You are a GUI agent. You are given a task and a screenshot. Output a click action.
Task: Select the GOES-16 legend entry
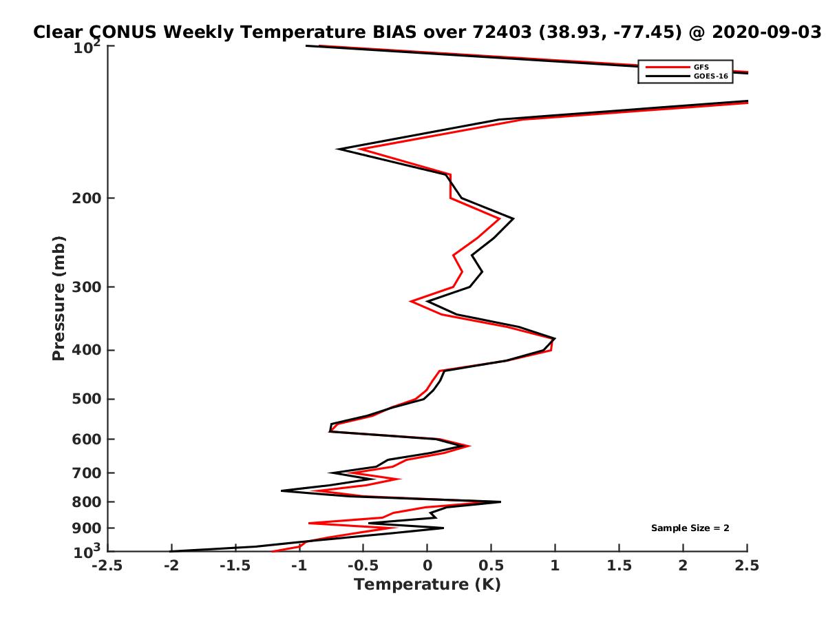[x=687, y=76]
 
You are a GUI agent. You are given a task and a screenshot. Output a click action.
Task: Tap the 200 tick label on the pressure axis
[x=87, y=198]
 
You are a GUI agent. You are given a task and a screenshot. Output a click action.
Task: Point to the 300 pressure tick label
[x=87, y=287]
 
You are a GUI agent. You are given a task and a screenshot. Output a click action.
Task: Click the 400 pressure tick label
[x=87, y=350]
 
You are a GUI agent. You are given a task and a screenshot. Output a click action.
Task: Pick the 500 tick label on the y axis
[x=87, y=399]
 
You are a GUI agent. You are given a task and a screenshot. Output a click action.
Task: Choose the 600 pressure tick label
[x=87, y=440]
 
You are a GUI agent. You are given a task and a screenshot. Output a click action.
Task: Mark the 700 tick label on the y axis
[x=87, y=473]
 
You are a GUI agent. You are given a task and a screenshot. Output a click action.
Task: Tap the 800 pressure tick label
[x=87, y=502]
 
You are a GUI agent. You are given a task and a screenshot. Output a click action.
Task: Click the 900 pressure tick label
[x=87, y=528]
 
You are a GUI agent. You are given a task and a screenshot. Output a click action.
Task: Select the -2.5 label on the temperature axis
[x=107, y=566]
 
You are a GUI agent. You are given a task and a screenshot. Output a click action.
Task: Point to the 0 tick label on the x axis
[x=427, y=566]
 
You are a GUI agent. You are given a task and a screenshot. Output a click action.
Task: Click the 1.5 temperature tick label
[x=619, y=566]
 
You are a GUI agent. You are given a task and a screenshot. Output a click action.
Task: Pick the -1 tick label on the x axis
[x=299, y=566]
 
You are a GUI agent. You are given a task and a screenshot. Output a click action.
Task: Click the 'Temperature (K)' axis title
[x=427, y=585]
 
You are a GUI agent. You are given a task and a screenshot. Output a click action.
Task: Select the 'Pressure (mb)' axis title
[x=59, y=298]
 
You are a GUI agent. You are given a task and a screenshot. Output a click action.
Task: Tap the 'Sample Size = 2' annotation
[x=690, y=528]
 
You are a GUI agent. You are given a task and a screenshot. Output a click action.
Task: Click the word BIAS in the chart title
[x=394, y=32]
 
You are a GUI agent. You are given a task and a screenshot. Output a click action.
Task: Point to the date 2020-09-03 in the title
[x=767, y=32]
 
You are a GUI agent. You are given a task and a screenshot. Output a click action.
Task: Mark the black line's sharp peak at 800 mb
[x=500, y=502]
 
